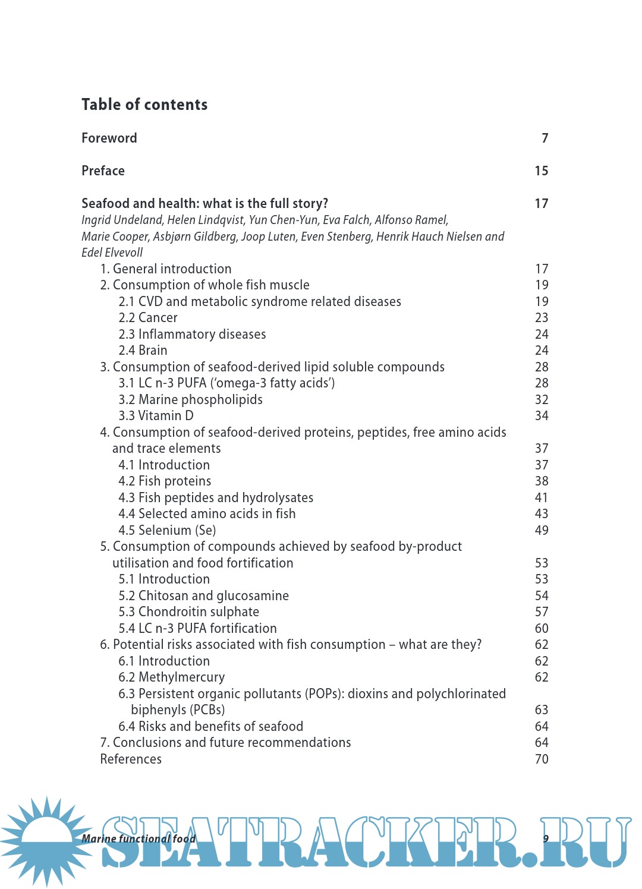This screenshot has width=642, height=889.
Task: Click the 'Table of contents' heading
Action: click(144, 105)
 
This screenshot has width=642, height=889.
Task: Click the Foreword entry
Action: click(109, 138)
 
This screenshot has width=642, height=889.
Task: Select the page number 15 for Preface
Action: click(541, 171)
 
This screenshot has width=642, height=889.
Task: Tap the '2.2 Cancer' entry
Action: click(148, 318)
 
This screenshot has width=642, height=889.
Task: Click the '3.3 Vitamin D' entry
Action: click(156, 416)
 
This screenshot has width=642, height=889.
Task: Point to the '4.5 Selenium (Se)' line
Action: click(167, 530)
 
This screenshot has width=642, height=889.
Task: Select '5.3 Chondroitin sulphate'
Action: click(188, 612)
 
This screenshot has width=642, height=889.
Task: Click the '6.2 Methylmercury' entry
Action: click(171, 677)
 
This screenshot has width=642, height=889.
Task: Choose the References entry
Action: click(131, 759)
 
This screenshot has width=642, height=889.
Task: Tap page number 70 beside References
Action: click(542, 759)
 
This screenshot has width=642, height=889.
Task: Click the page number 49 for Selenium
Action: click(542, 530)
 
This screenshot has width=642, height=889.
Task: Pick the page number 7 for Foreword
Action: click(545, 138)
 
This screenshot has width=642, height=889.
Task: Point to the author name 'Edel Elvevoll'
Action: click(112, 253)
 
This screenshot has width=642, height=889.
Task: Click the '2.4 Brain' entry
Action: click(143, 351)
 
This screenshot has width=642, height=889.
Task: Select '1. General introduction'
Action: click(166, 269)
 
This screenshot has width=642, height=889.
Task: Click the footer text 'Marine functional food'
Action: click(139, 838)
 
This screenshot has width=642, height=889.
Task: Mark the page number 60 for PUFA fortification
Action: click(542, 628)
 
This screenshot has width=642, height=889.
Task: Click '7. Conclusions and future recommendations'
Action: click(225, 743)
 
